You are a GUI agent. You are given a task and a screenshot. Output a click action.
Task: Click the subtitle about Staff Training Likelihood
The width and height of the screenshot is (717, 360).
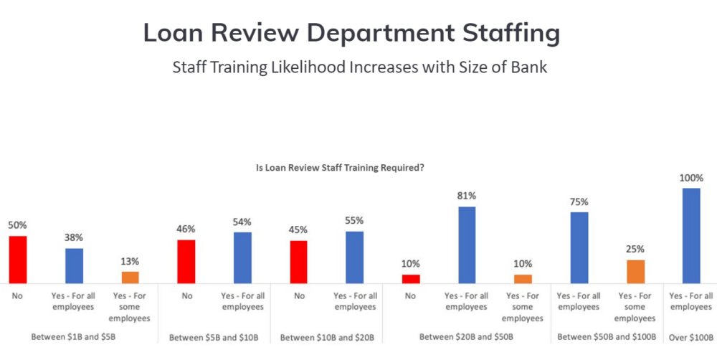click(359, 67)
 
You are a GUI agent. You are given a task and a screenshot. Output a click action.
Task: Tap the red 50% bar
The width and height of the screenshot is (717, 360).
click(18, 260)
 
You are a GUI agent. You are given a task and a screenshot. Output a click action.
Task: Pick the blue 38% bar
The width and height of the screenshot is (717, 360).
click(74, 265)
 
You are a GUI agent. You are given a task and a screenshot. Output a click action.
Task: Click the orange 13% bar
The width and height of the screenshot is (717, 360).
click(130, 277)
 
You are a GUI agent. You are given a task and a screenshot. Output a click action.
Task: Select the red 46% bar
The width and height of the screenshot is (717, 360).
click(186, 261)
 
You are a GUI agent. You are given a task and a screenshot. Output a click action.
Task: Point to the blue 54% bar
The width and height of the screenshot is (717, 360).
click(242, 257)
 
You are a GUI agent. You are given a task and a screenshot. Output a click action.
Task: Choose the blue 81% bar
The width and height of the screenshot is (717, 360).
click(467, 245)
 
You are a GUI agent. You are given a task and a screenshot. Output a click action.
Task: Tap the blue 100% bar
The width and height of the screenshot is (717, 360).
click(691, 236)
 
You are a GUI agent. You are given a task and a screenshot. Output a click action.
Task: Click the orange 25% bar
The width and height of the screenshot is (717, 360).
click(635, 271)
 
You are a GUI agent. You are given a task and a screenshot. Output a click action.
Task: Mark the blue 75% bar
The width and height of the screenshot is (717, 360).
click(579, 247)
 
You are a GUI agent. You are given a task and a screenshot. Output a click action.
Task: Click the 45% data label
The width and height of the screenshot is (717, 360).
click(299, 230)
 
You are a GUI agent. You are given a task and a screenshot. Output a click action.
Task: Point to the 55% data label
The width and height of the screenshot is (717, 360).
click(355, 221)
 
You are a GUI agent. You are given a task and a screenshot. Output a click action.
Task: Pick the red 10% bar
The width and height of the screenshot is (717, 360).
click(411, 278)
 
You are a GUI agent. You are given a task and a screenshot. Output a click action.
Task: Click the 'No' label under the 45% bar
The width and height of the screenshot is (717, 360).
click(299, 295)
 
